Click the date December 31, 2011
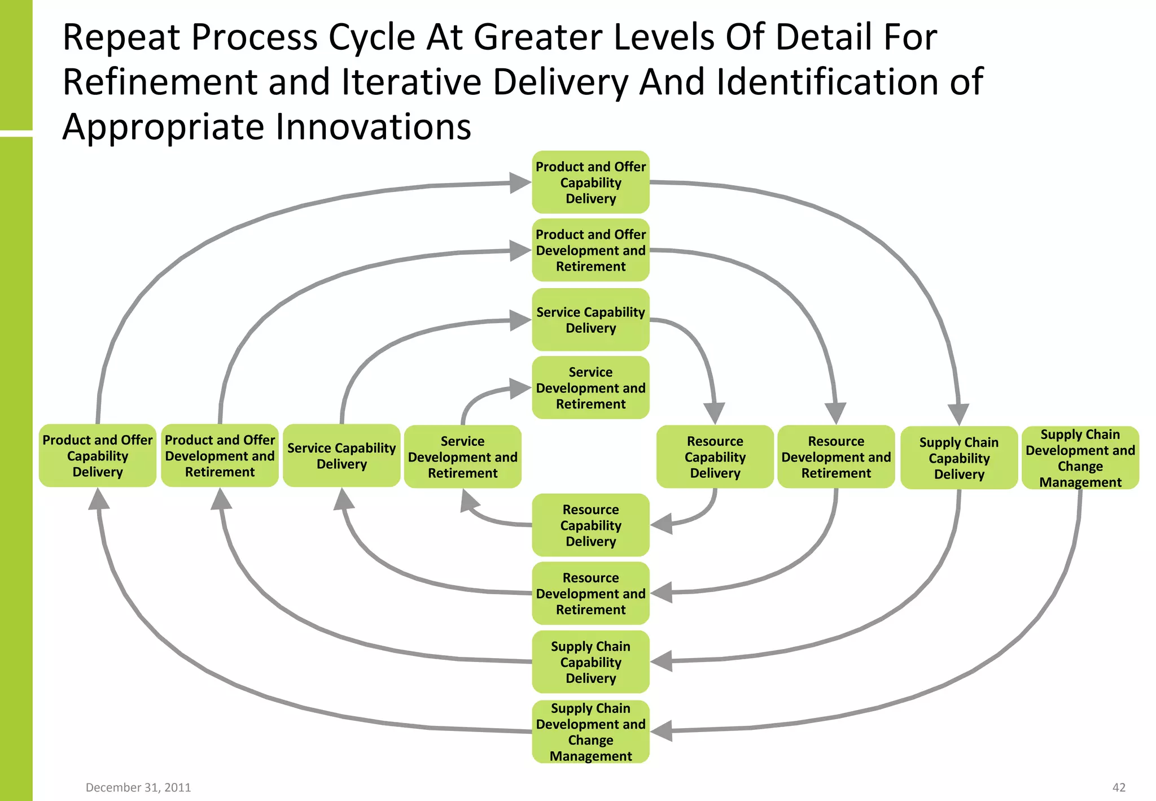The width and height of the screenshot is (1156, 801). (x=138, y=787)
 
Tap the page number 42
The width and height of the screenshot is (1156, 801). (x=1119, y=787)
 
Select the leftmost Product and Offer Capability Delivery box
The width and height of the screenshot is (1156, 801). (x=98, y=456)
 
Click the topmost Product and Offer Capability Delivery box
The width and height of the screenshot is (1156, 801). (x=590, y=182)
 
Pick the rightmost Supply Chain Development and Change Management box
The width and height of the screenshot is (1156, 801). (x=1080, y=458)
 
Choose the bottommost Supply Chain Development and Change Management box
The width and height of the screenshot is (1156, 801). (x=590, y=732)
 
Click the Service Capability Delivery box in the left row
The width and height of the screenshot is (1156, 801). (x=341, y=456)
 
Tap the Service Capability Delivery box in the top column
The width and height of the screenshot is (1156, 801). (x=590, y=320)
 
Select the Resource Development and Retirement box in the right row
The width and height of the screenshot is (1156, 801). (x=836, y=457)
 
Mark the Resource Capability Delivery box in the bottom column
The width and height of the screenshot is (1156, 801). (x=590, y=525)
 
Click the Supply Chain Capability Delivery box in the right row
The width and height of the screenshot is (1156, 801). (x=959, y=458)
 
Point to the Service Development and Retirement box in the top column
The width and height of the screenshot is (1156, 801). (x=590, y=388)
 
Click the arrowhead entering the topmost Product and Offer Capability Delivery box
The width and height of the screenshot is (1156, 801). (x=519, y=182)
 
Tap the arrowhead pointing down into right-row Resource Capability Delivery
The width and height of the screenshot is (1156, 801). (x=715, y=412)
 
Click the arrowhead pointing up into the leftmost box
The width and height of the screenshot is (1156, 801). (x=99, y=499)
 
